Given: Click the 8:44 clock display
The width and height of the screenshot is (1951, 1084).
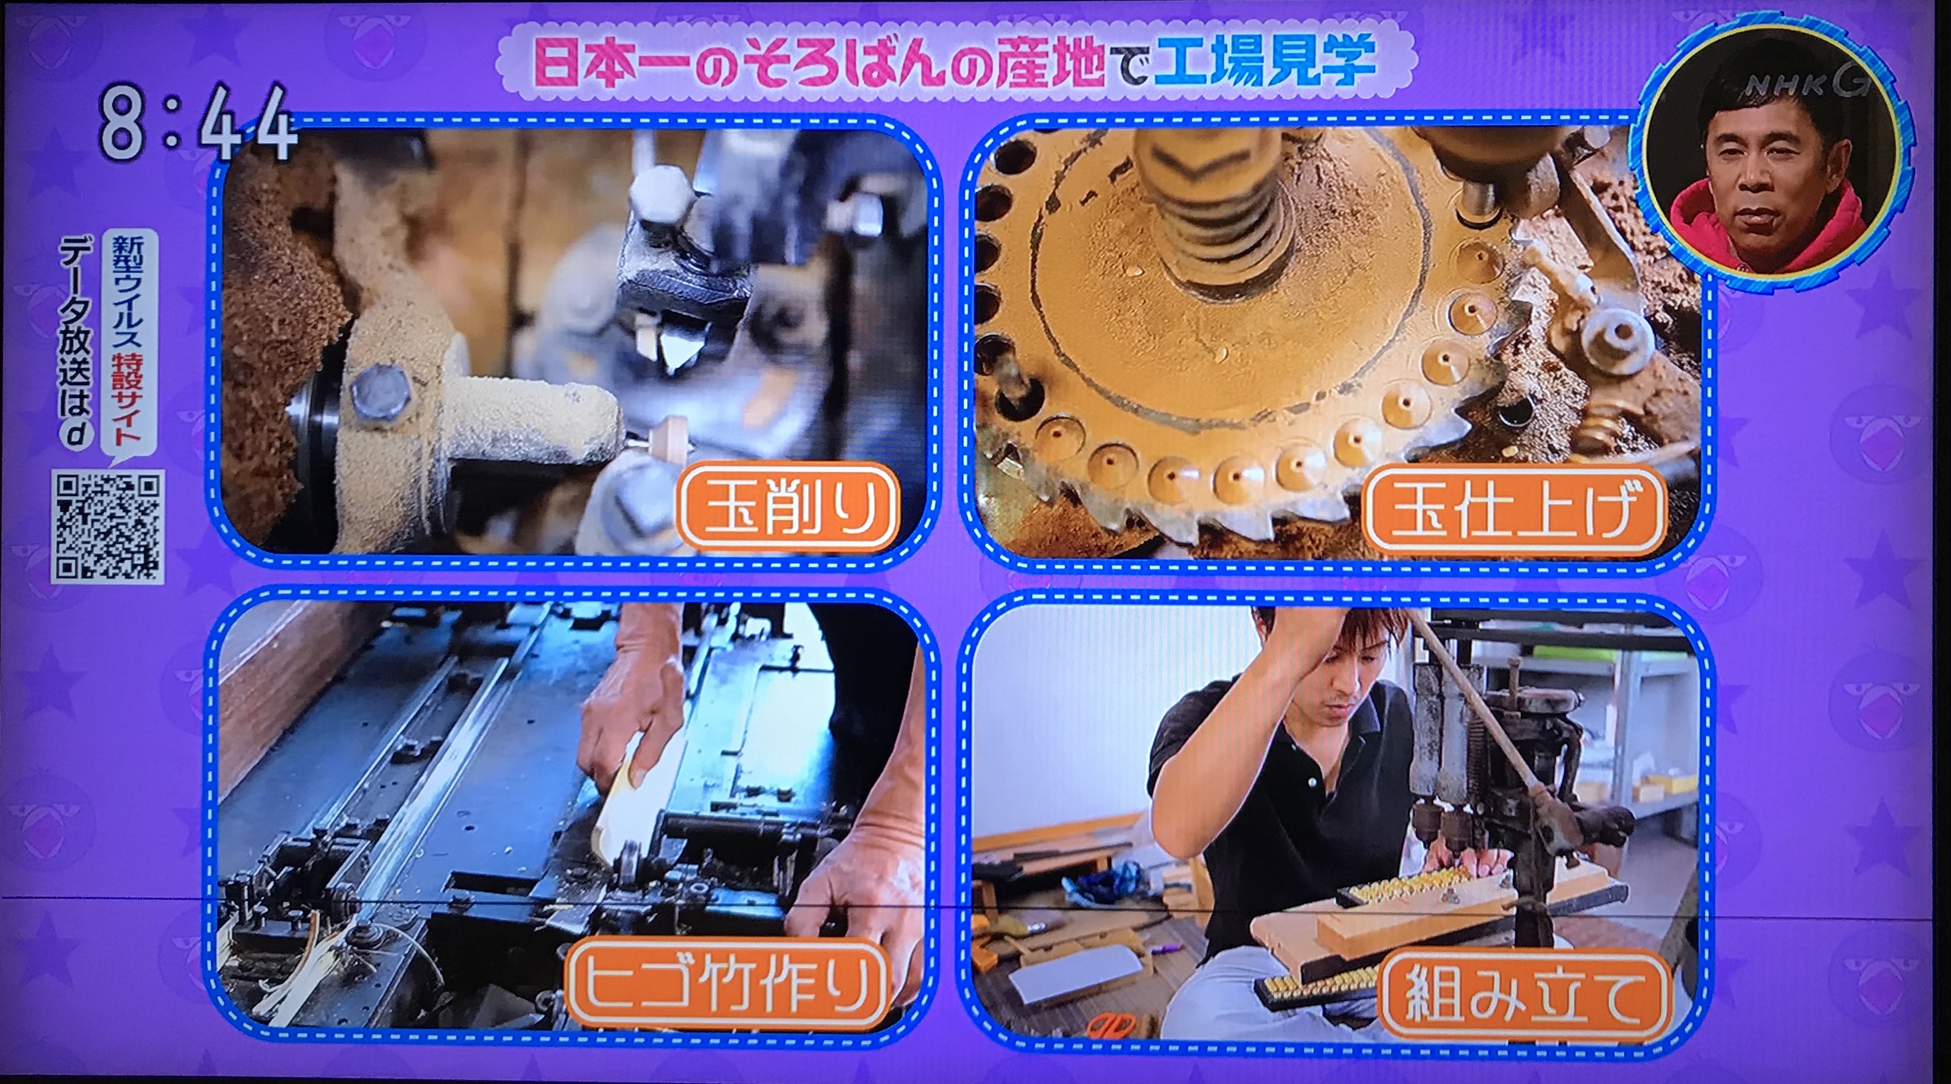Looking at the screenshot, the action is click(x=197, y=123).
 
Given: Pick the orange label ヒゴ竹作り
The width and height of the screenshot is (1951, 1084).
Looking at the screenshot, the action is click(x=728, y=984).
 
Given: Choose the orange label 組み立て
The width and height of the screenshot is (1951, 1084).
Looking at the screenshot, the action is click(x=1525, y=994).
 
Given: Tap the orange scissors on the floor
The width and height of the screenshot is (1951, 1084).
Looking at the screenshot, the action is click(x=1111, y=1025).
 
